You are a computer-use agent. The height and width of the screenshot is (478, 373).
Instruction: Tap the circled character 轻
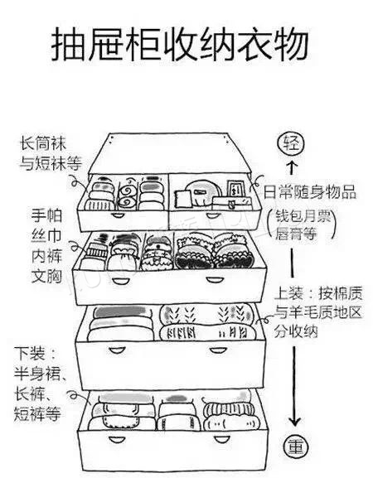pos(291,144)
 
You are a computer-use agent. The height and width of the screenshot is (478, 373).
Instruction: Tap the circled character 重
pos(295,448)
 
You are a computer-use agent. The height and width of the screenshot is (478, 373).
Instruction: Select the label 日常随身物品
pos(309,193)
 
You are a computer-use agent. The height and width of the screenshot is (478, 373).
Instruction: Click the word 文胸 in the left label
pos(46,276)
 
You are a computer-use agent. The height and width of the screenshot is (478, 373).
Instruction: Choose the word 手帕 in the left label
pos(46,216)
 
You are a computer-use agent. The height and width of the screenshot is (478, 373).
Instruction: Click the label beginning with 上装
pos(317,311)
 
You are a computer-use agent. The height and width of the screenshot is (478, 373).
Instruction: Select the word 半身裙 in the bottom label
pos(37,374)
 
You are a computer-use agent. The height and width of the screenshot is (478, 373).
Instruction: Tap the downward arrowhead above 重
pos(294,422)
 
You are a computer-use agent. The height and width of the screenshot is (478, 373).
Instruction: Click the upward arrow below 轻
pos(292,167)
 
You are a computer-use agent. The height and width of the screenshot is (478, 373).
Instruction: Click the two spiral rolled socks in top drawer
pos(128,196)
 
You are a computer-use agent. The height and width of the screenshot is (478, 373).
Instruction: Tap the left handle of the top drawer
pos(119,215)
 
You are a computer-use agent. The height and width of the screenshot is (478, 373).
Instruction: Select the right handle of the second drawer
pos(214,280)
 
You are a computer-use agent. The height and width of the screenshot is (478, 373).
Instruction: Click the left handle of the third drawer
pos(117,350)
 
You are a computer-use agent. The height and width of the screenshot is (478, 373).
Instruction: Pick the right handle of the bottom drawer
pos(221,440)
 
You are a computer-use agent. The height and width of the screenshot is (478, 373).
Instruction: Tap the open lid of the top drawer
pos(170,153)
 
